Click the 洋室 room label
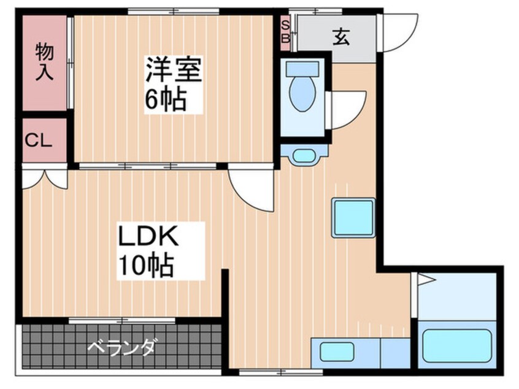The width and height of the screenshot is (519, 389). click(x=173, y=69)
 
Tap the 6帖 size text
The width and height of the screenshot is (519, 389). click(x=165, y=99)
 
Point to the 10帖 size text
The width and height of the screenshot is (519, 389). click(x=146, y=266)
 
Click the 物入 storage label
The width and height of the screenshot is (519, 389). click(x=44, y=61)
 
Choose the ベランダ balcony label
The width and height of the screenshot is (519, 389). click(x=121, y=348)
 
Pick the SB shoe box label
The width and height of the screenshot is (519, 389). click(x=285, y=31)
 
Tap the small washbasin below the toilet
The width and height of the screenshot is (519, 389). click(x=302, y=155)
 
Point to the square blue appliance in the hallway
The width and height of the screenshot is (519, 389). click(x=353, y=218)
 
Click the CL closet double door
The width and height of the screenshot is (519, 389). click(x=44, y=178)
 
